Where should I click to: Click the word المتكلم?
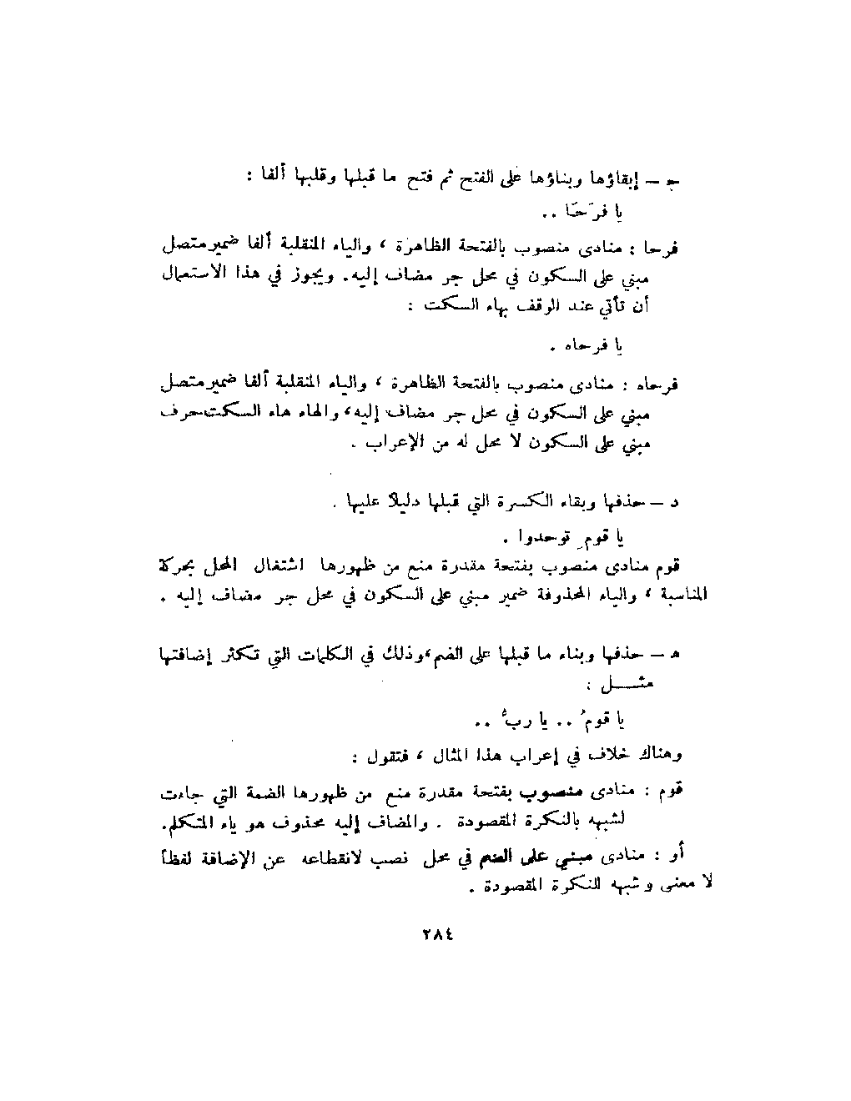[191, 822]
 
